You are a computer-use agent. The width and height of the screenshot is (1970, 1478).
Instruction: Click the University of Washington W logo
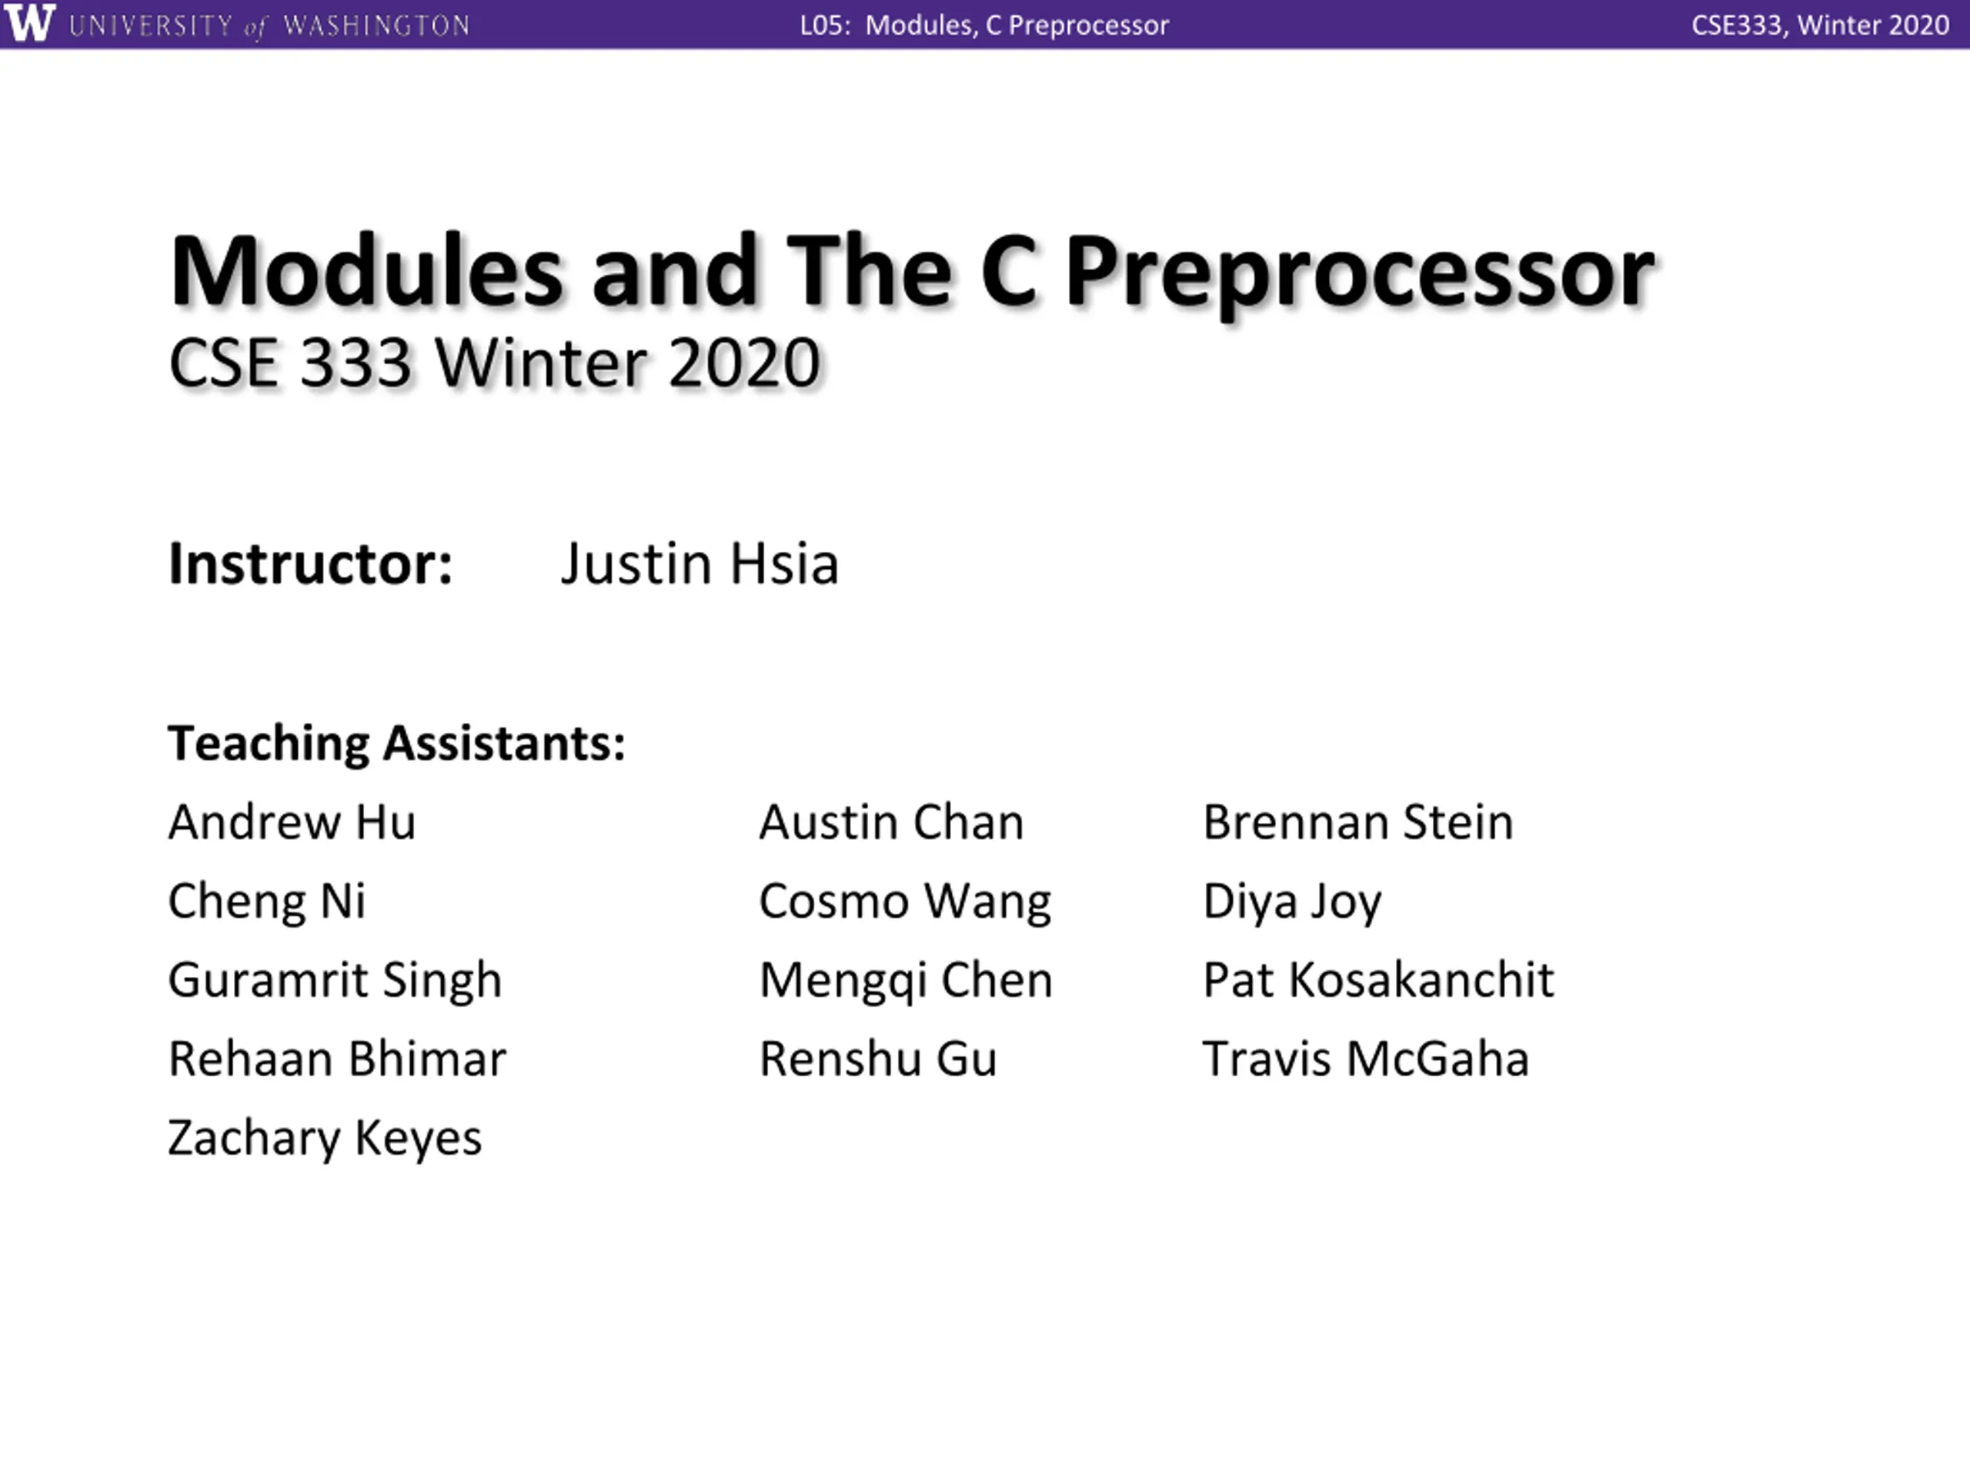[29, 23]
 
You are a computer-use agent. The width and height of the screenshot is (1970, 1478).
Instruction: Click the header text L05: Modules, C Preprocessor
[984, 25]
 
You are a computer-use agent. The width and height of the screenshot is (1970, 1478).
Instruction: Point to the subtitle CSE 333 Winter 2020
[494, 363]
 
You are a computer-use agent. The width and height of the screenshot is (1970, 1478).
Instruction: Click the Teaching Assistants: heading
[397, 743]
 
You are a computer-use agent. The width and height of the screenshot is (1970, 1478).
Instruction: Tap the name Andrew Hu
[292, 821]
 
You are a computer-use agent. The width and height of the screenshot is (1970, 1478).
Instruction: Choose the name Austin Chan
[891, 821]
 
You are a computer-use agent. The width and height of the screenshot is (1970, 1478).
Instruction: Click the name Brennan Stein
[1358, 821]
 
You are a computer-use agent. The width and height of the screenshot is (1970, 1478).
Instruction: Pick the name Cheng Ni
[267, 901]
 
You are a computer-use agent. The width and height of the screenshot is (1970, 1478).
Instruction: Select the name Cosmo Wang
[906, 901]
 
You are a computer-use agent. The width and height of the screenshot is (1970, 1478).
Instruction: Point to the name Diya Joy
[1292, 901]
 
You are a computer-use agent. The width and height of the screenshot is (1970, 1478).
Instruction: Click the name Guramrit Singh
[336, 981]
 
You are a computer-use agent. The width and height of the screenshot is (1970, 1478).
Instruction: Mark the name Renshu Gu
[878, 1059]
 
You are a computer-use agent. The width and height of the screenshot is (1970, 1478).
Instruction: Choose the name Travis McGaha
[1366, 1059]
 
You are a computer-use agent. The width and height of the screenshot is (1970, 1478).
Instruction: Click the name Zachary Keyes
[325, 1139]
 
